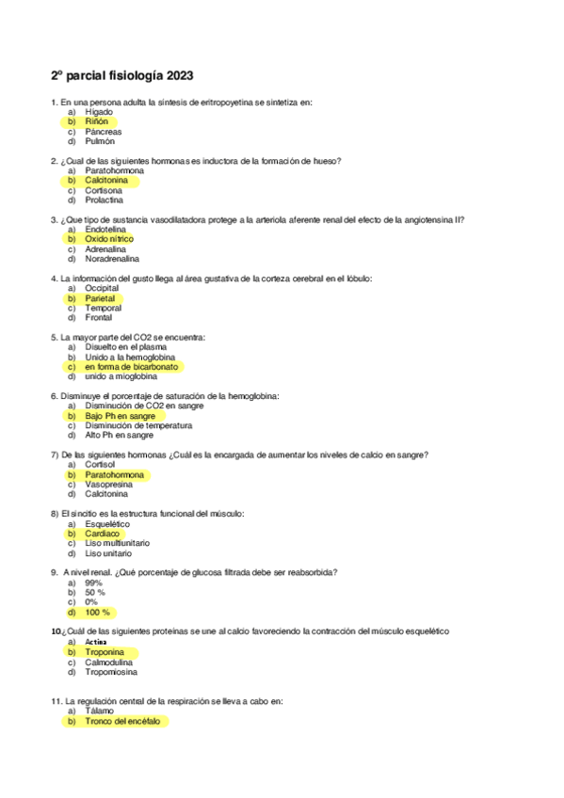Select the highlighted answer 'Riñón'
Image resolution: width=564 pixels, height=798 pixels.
96,122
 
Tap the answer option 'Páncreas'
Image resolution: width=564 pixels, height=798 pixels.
103,132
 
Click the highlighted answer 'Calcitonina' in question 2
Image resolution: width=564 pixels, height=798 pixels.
106,181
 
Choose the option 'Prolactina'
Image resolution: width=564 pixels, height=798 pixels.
104,199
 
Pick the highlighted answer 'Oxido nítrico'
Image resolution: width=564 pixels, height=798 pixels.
109,239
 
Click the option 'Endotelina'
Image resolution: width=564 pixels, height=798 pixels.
105,230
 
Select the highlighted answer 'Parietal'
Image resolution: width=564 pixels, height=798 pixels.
100,297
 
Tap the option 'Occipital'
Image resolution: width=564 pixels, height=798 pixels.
102,288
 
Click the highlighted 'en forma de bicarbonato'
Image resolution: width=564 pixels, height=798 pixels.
131,366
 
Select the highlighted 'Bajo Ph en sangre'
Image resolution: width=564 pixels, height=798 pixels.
121,415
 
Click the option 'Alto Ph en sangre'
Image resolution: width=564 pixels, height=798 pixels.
119,435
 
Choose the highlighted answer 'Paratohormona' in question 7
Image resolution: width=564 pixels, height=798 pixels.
114,474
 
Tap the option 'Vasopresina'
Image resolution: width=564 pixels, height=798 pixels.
108,484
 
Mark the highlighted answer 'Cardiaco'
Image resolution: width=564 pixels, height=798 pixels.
102,533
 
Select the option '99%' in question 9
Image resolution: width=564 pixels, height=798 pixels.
93,583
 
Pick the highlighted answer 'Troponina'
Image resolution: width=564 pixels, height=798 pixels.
108,651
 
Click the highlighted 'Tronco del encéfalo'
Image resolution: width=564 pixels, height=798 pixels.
122,721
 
